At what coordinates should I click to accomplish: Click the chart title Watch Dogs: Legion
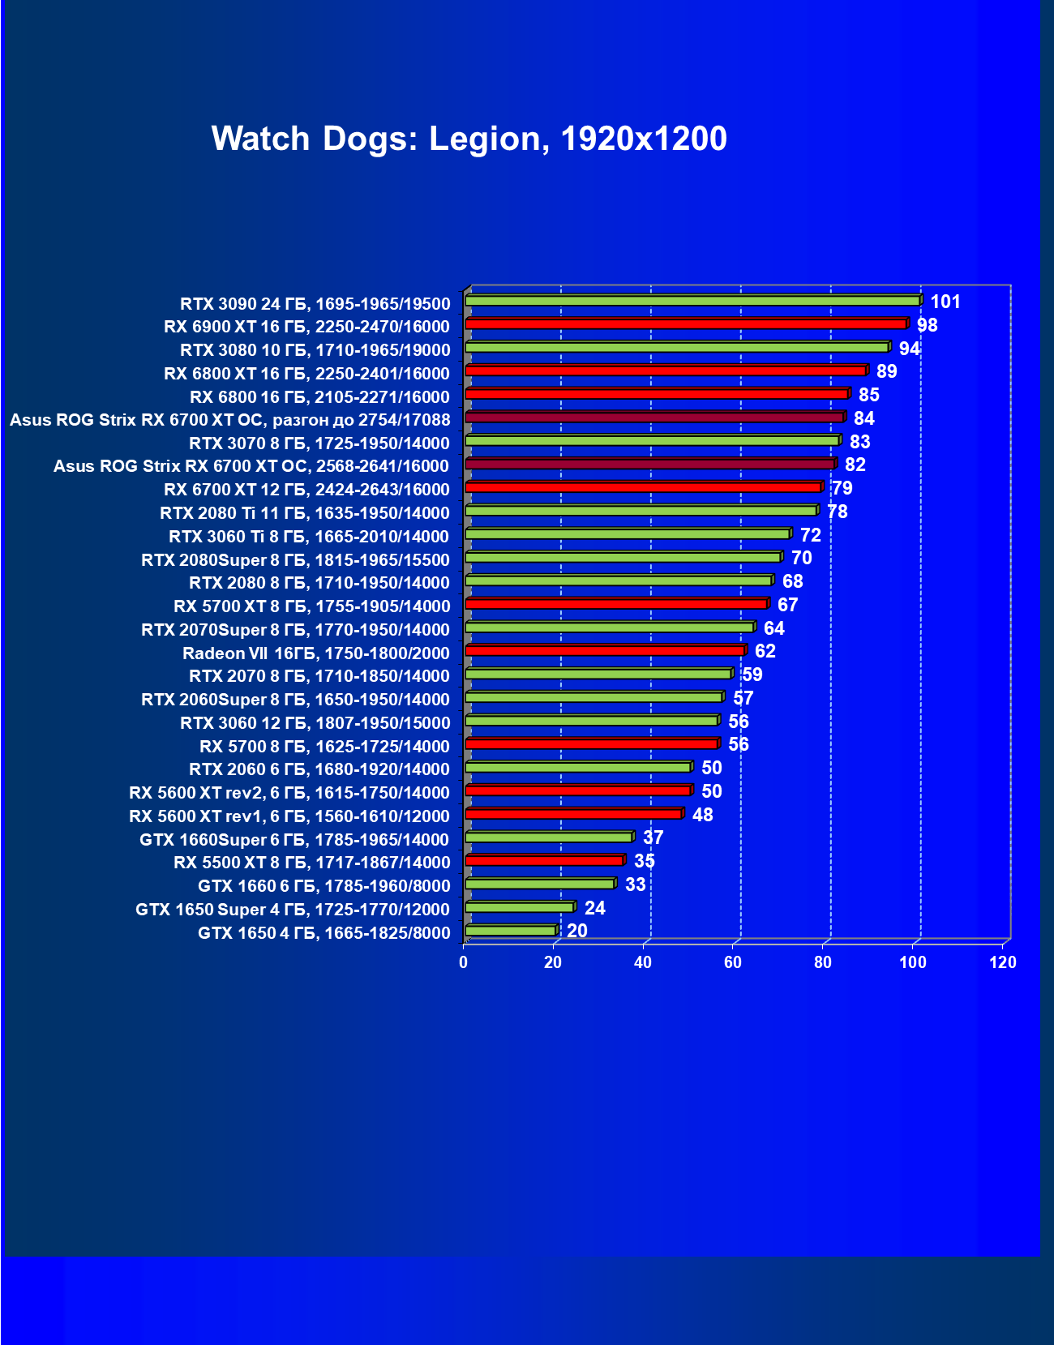469,139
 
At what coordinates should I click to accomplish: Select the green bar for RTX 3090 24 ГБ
692,301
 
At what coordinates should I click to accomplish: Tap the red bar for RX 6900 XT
686,324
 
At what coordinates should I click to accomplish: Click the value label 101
945,302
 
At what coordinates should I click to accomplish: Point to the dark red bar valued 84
655,418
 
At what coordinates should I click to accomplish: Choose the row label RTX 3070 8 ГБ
319,443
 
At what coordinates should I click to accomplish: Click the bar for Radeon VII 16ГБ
605,651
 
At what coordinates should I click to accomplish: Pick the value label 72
811,535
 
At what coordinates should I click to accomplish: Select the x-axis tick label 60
733,962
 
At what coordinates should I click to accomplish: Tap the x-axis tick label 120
1003,962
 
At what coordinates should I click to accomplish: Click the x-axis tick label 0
464,962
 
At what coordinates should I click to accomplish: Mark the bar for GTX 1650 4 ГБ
511,931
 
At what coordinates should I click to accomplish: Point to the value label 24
595,908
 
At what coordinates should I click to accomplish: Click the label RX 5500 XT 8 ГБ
312,863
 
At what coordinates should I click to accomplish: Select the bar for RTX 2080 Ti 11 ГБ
641,511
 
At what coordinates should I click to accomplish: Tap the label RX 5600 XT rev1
289,816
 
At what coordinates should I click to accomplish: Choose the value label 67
788,605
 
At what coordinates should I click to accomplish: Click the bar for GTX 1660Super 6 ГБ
549,837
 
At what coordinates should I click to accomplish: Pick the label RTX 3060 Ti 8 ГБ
309,537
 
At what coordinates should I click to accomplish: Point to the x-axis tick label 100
913,962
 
